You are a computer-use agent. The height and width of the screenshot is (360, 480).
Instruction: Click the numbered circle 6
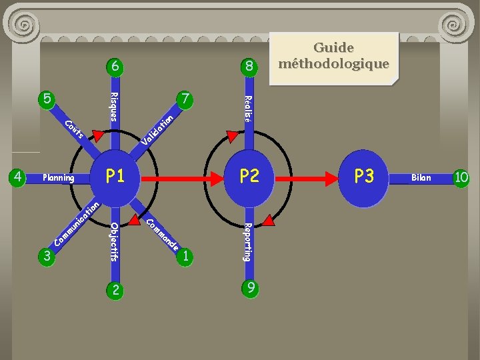[115, 66]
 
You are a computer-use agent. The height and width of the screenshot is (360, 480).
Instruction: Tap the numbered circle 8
[249, 66]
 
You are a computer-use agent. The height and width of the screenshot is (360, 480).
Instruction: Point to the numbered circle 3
[46, 255]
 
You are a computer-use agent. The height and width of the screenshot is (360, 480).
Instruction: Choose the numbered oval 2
[115, 289]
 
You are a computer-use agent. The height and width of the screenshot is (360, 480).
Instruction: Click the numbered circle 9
[249, 289]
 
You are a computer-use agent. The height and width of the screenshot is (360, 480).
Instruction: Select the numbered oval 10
[461, 177]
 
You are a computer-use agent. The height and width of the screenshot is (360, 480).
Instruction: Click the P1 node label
[115, 176]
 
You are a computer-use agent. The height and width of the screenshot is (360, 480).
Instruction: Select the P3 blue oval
[363, 177]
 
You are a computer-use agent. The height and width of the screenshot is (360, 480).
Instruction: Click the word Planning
[58, 178]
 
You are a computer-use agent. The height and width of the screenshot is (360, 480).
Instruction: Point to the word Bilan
[421, 178]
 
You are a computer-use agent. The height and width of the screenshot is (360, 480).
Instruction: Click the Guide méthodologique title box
[333, 56]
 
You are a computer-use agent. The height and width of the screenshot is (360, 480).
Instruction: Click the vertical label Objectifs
[115, 241]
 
